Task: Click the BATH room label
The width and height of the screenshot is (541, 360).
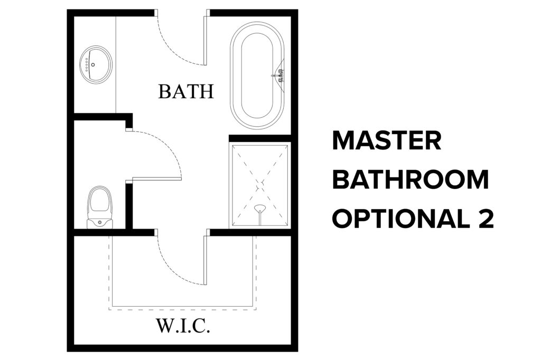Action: [x=186, y=91]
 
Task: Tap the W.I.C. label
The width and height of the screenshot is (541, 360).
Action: [x=183, y=326]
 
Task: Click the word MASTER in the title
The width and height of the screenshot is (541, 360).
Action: [x=387, y=141]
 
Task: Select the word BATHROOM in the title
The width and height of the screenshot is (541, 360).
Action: [x=411, y=179]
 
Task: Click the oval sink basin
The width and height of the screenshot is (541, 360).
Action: [x=96, y=64]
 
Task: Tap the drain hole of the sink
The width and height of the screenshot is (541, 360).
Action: [x=93, y=64]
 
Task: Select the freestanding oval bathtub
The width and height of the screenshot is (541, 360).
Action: [x=257, y=75]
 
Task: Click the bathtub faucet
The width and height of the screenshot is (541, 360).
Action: [x=278, y=75]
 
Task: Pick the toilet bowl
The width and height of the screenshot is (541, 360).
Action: [x=100, y=201]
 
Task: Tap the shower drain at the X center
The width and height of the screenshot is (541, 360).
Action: [x=260, y=184]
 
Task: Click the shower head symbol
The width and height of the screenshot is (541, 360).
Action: [x=260, y=209]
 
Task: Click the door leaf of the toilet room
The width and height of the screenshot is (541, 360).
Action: [x=157, y=178]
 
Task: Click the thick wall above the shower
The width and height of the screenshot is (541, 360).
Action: [x=260, y=138]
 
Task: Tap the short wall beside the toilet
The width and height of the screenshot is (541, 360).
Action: [x=129, y=206]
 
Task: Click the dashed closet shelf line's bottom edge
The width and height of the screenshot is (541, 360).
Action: [x=182, y=309]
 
